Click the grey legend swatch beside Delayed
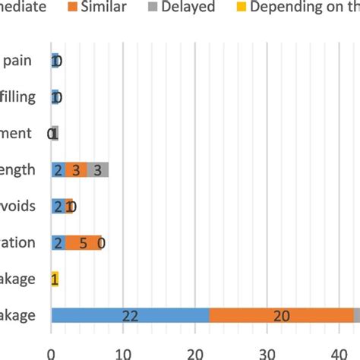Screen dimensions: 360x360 (x=154, y=8)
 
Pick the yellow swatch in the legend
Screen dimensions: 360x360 (x=235, y=8)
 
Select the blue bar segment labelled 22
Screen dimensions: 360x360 (x=129, y=316)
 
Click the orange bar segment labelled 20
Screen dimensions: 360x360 (x=281, y=316)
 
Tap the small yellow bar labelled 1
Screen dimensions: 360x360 (x=55, y=279)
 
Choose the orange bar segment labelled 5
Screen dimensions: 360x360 (x=83, y=243)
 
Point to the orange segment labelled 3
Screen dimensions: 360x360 (x=76, y=170)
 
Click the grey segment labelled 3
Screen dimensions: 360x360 (x=98, y=170)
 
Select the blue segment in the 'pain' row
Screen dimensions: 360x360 (x=55, y=61)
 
